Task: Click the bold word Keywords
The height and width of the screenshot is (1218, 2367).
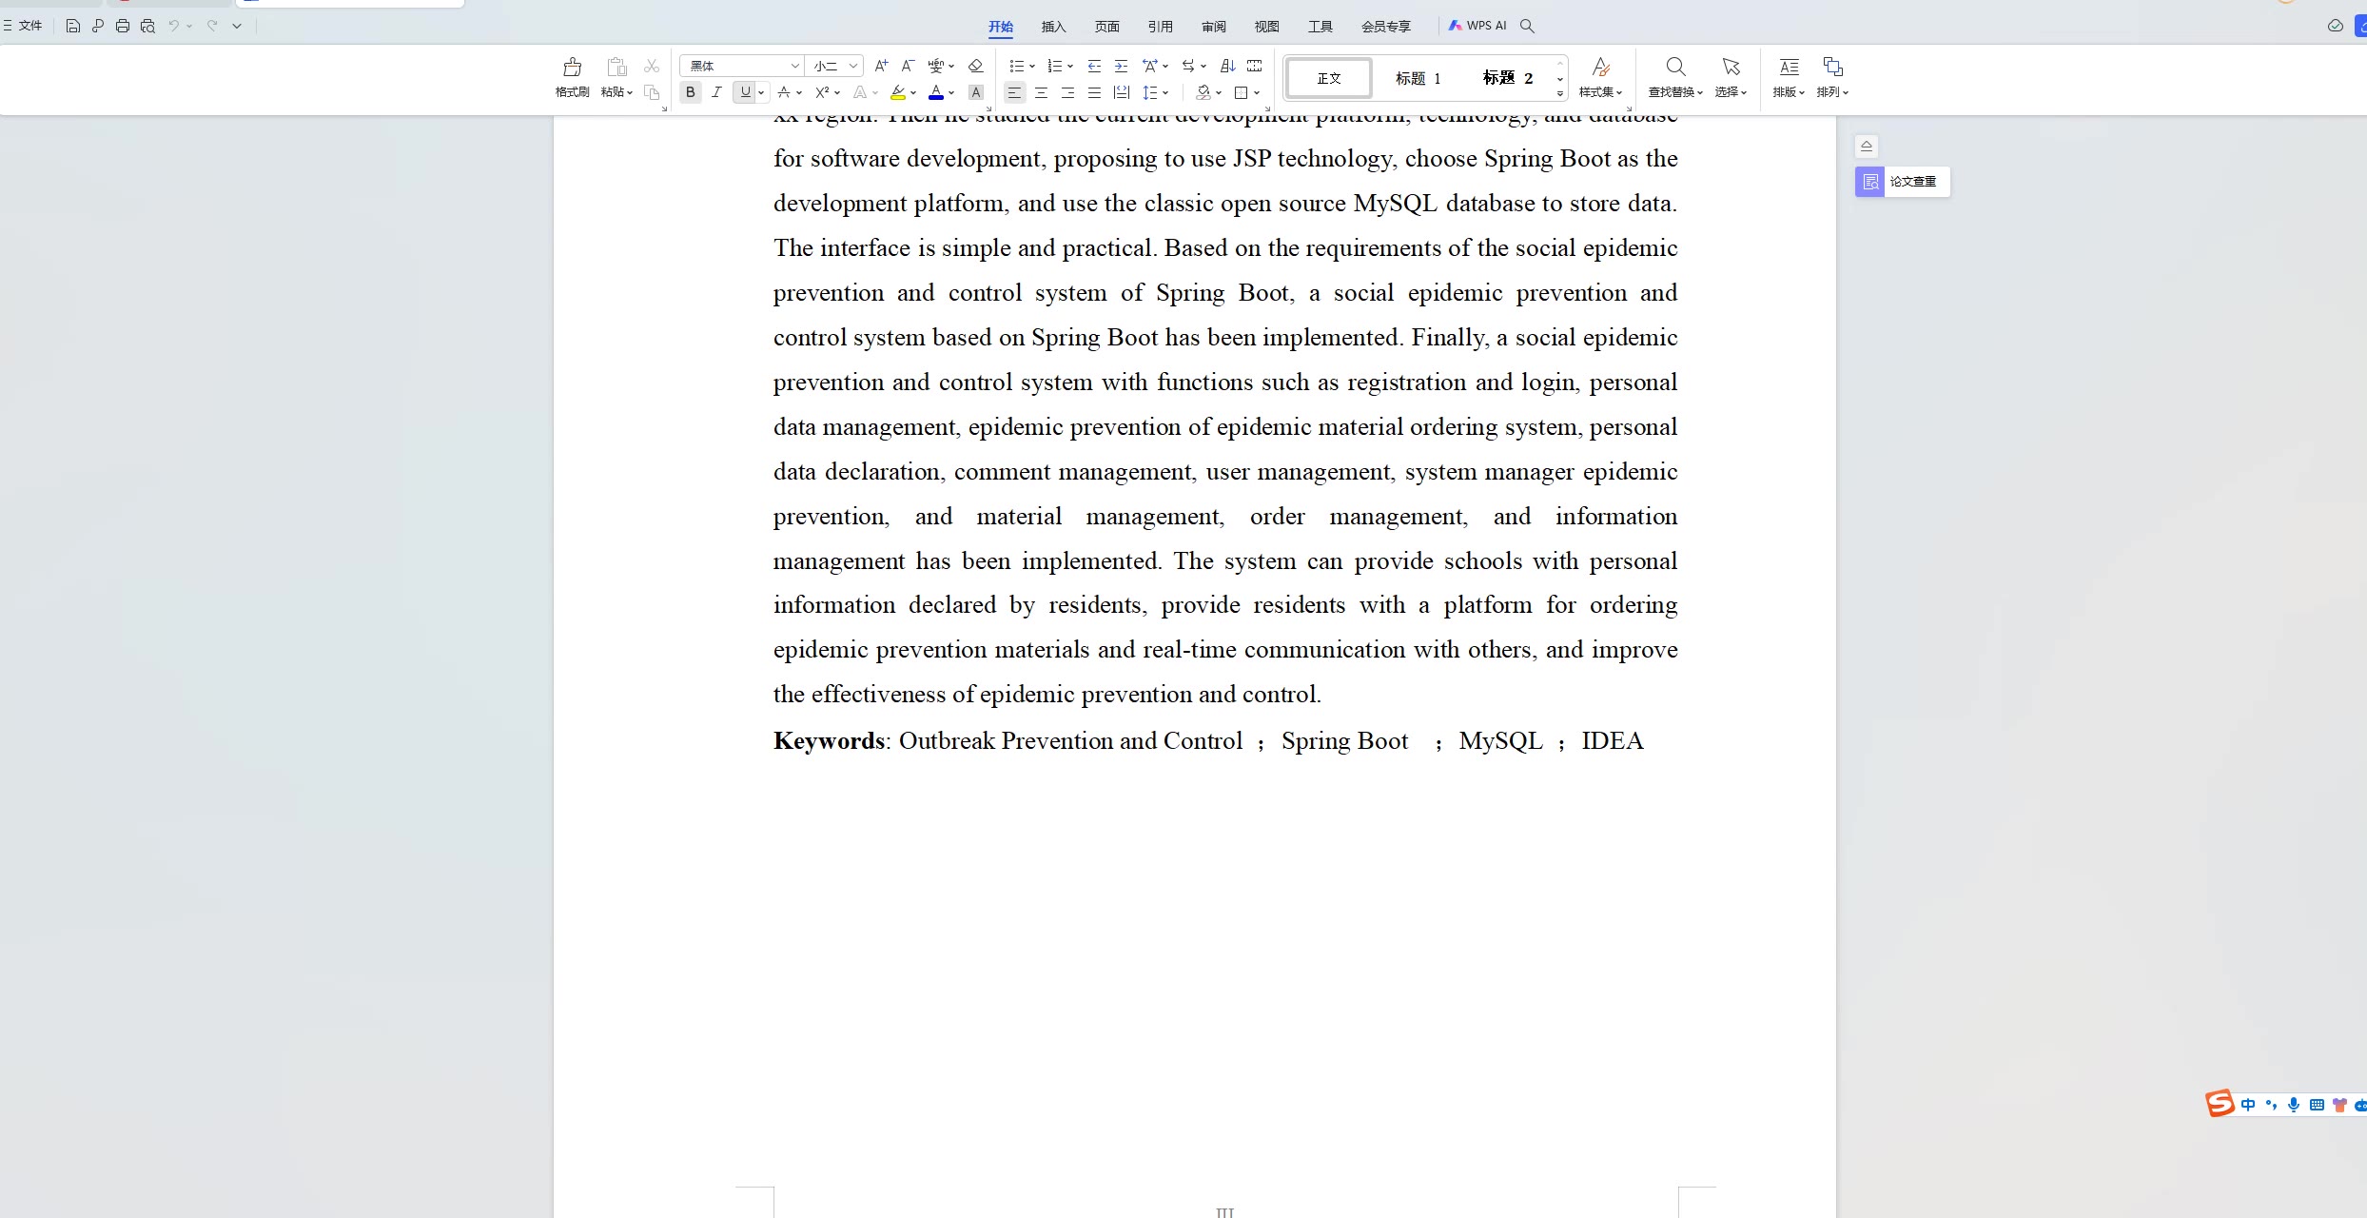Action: [x=829, y=741]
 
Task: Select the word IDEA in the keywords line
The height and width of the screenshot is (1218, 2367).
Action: [x=1612, y=741]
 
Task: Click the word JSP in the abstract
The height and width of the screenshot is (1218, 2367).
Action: [x=1251, y=159]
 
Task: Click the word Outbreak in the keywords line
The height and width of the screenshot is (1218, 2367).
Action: [x=947, y=741]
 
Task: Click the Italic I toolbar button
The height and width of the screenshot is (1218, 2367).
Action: [x=716, y=92]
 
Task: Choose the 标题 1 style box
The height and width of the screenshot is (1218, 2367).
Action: [x=1418, y=78]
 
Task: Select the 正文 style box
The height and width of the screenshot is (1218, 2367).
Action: [x=1329, y=78]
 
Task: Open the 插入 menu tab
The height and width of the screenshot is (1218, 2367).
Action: [x=1053, y=27]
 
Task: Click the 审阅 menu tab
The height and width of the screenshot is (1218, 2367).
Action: [x=1213, y=27]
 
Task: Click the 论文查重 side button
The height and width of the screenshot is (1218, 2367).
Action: [x=1902, y=182]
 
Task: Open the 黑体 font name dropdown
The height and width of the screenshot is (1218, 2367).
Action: [x=742, y=66]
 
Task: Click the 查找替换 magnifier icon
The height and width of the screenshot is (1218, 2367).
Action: [x=1675, y=67]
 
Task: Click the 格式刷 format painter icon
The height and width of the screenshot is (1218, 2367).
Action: [x=572, y=67]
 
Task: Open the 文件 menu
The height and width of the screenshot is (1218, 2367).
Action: [x=24, y=26]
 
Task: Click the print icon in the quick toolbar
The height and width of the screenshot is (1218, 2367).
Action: [x=123, y=26]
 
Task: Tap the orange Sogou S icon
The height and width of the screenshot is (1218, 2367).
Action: [x=2220, y=1104]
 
